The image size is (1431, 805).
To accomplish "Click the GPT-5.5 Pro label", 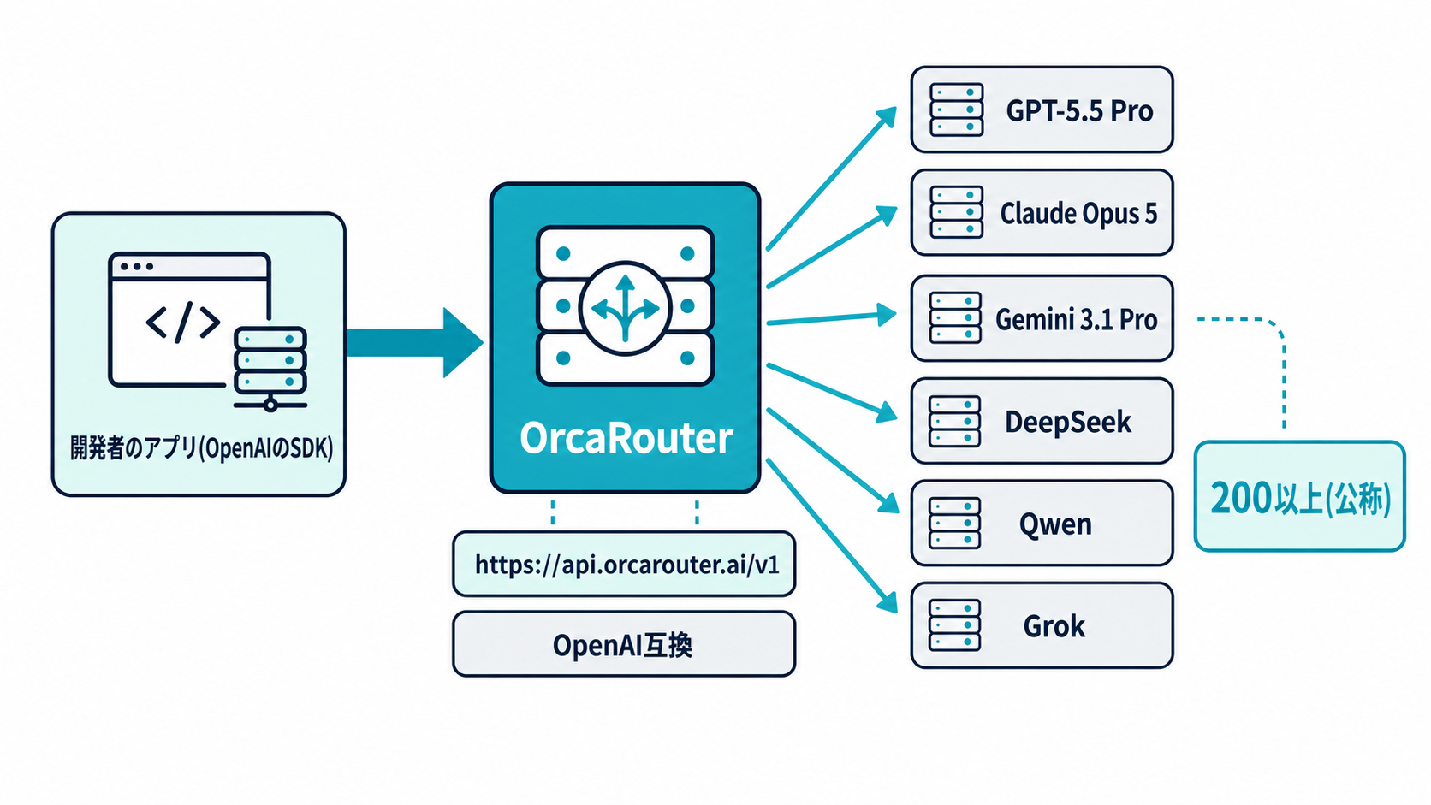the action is click(x=1079, y=111).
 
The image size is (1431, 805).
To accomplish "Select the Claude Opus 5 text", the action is click(x=1078, y=214).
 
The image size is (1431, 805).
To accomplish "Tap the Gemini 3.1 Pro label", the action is click(x=1076, y=319).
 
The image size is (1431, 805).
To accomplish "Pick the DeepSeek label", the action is click(x=1067, y=422).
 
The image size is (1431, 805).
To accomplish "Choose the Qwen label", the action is click(x=1055, y=524).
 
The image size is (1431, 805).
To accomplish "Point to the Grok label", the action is click(x=1054, y=626).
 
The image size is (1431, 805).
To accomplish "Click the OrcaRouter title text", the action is click(x=626, y=438).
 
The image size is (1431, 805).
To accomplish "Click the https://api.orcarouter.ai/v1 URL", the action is click(x=626, y=565).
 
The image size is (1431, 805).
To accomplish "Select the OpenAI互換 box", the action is click(x=624, y=644).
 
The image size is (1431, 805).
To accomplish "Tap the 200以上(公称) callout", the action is click(x=1299, y=496).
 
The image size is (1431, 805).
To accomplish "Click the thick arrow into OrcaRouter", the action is click(x=414, y=343).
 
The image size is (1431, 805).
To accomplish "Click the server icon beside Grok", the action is click(x=954, y=625).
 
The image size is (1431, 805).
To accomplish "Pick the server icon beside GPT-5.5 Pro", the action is click(x=956, y=110).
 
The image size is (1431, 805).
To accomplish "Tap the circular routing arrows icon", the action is click(x=626, y=308).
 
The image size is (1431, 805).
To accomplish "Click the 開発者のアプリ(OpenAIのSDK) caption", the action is click(x=201, y=448).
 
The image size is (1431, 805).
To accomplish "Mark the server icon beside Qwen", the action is click(x=954, y=523).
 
